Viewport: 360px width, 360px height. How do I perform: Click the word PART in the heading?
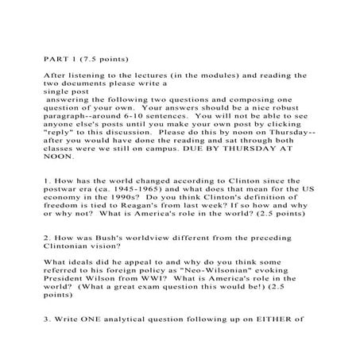[x=54, y=58]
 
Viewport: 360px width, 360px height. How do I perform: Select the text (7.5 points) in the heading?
[x=103, y=58]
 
